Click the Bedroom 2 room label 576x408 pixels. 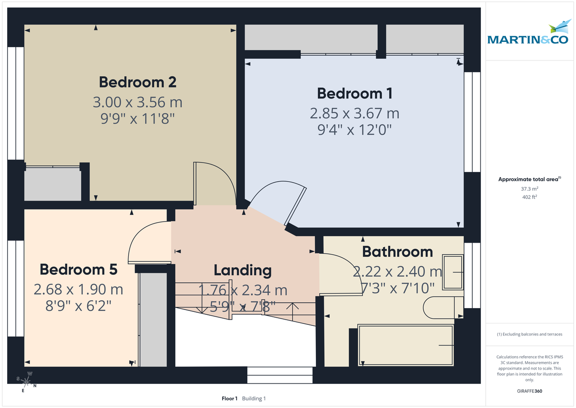pyautogui.click(x=137, y=82)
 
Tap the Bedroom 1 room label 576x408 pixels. pyautogui.click(x=355, y=93)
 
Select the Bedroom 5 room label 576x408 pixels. pyautogui.click(x=78, y=270)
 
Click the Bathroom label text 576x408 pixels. pyautogui.click(x=397, y=251)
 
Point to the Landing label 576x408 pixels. pyautogui.click(x=242, y=271)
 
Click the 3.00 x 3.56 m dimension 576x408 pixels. pyautogui.click(x=137, y=102)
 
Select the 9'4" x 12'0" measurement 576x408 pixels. pyautogui.click(x=355, y=130)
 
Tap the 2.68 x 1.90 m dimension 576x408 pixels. pyautogui.click(x=78, y=289)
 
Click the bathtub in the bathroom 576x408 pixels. pyautogui.click(x=406, y=345)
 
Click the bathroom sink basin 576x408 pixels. pyautogui.click(x=453, y=272)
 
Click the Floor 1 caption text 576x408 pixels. pyautogui.click(x=229, y=398)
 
